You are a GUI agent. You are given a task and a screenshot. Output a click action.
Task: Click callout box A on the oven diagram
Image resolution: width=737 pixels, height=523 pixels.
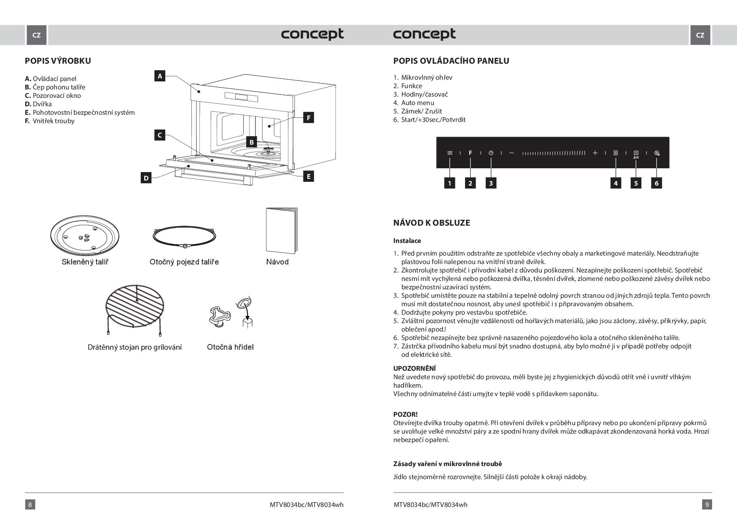coord(159,76)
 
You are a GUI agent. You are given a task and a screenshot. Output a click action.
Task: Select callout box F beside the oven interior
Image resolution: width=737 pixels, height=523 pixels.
coord(309,118)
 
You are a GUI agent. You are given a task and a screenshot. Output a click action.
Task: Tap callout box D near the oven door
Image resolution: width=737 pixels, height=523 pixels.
coord(146,178)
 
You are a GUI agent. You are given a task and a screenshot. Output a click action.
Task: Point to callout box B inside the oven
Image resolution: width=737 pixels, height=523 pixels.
coord(251,142)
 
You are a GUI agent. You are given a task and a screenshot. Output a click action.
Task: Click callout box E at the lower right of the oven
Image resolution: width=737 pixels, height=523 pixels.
coord(309,176)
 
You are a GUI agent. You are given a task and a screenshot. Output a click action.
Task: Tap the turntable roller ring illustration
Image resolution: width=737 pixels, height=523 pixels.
coord(184,237)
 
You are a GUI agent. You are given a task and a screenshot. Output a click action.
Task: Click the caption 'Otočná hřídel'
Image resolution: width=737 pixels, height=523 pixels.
coord(230,347)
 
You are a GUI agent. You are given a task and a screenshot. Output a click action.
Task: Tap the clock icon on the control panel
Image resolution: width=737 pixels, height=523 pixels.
coord(491,153)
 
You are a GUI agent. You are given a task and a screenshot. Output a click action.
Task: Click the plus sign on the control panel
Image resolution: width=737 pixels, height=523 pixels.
coord(595,153)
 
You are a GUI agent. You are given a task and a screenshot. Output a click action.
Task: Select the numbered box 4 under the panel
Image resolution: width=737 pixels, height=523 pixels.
coord(616,183)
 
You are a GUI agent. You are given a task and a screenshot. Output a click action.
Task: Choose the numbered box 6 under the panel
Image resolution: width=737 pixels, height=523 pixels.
coord(656,183)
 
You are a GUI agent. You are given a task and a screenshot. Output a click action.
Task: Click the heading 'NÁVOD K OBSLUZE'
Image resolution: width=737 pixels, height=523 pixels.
coord(431,223)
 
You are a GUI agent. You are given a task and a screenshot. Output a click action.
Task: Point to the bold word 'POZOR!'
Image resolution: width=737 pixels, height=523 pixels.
coord(405,414)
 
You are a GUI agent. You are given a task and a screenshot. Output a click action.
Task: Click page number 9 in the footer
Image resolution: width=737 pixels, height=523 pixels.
coord(707,504)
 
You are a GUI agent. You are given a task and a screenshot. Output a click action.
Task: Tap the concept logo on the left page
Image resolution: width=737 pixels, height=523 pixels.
coord(312,34)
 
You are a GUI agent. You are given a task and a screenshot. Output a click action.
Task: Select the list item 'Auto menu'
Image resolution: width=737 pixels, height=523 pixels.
coord(417,102)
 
